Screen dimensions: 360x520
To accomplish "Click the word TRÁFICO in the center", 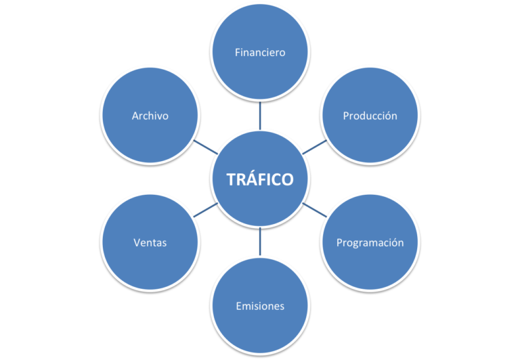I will (x=260, y=179).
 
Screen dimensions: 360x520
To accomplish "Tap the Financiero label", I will (x=260, y=52).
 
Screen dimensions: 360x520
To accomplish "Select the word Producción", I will (x=370, y=116).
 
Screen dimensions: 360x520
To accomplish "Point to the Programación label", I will (x=370, y=242).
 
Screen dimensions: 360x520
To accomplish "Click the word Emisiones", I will (x=260, y=306).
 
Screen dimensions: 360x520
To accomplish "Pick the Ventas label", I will (x=150, y=242).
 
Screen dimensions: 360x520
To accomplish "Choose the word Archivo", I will (x=150, y=116).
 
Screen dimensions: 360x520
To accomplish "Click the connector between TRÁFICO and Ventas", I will (x=206, y=210).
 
